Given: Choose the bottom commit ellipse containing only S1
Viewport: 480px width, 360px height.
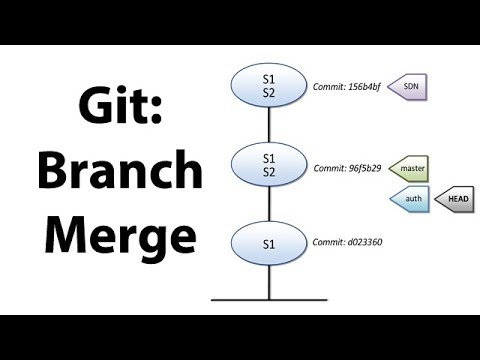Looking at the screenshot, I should pyautogui.click(x=269, y=244).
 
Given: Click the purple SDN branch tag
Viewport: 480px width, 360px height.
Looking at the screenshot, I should pyautogui.click(x=409, y=87).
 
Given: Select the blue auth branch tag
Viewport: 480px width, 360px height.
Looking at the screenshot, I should pyautogui.click(x=411, y=200).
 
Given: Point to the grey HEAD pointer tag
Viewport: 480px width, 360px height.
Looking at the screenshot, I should pyautogui.click(x=456, y=200).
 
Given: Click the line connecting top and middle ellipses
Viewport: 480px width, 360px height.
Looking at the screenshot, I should pyautogui.click(x=269, y=125).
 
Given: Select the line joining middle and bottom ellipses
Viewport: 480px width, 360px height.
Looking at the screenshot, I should pyautogui.click(x=269, y=205).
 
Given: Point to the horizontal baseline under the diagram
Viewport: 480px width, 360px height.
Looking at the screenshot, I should pyautogui.click(x=240, y=298).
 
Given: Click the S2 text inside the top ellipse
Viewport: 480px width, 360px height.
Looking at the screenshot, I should pyautogui.click(x=269, y=93).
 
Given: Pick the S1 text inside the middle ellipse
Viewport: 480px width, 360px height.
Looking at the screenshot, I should pyautogui.click(x=269, y=158).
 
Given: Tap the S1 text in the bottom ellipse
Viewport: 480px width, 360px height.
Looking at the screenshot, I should pyautogui.click(x=269, y=244).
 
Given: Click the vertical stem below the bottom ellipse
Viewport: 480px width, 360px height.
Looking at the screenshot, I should pyautogui.click(x=269, y=282).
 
